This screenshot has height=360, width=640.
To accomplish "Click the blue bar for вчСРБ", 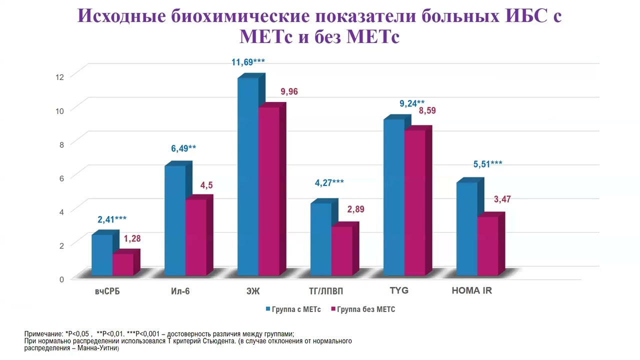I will coord(102,255).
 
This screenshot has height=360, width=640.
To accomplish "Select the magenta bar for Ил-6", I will coord(195,237).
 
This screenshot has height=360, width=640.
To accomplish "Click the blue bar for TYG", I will coord(394,197).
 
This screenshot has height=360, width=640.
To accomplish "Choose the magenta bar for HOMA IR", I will coord(487,245).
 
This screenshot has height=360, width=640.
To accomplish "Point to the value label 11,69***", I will coord(248,62).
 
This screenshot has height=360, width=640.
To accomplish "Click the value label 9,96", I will coord(289,91).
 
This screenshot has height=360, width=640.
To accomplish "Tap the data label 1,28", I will coord(132,238).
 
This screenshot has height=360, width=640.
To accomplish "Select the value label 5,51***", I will coord(488,164).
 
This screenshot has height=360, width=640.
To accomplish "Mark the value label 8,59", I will coord(427,110).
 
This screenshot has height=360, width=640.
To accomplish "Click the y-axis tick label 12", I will coord(60,76).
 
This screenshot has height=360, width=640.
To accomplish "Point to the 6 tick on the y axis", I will coord(61,178).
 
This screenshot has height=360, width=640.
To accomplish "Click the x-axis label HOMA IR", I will coord(471,290).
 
